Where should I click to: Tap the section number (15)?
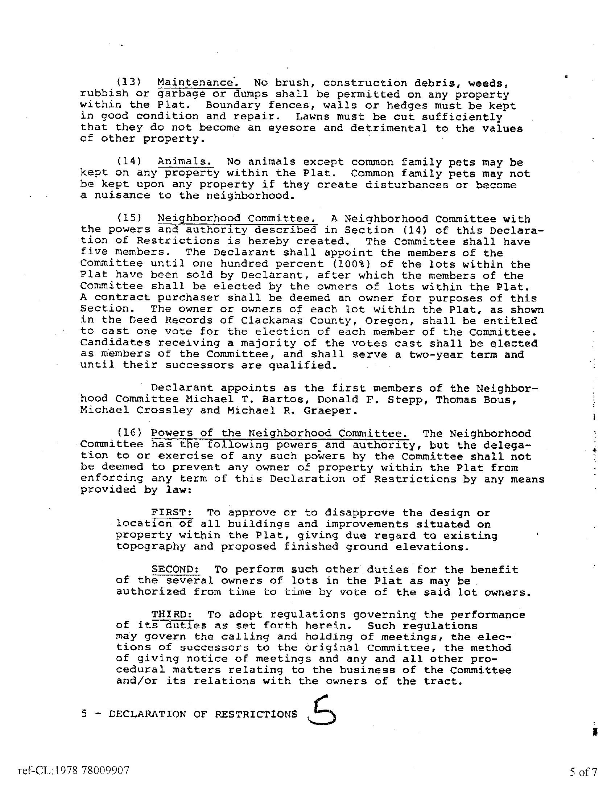129,218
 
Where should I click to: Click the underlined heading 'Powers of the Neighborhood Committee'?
280,433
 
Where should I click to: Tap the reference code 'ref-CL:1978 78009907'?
74,771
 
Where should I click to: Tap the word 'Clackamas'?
272,320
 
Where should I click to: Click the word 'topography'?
151,547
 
